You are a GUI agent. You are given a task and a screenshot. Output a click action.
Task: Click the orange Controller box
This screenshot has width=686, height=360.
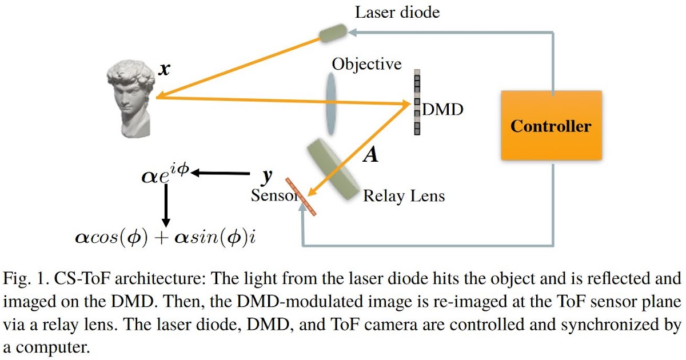[x=551, y=126]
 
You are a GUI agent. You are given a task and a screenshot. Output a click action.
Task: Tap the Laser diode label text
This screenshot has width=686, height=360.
[x=397, y=12]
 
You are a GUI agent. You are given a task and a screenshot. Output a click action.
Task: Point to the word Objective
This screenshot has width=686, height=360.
[x=366, y=64]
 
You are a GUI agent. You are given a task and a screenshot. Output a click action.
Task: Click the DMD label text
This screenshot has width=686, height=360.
[x=442, y=109]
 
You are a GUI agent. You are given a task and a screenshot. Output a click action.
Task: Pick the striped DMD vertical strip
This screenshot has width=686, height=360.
[x=417, y=102]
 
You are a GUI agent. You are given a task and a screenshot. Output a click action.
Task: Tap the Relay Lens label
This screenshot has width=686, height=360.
[x=404, y=197]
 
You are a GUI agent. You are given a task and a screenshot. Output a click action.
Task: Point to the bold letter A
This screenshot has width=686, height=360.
[x=371, y=154]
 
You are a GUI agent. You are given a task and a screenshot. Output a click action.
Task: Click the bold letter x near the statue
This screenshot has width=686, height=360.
[x=164, y=69]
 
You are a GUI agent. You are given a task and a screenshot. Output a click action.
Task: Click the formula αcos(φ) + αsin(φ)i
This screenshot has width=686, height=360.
[x=165, y=236]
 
